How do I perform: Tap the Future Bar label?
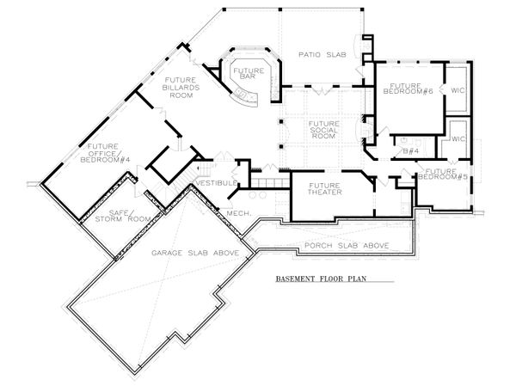point(249,73)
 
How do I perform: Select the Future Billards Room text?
point(180,87)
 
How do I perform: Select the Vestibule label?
point(212,182)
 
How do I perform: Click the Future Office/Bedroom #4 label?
point(101,151)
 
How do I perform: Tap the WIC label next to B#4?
point(458,138)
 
